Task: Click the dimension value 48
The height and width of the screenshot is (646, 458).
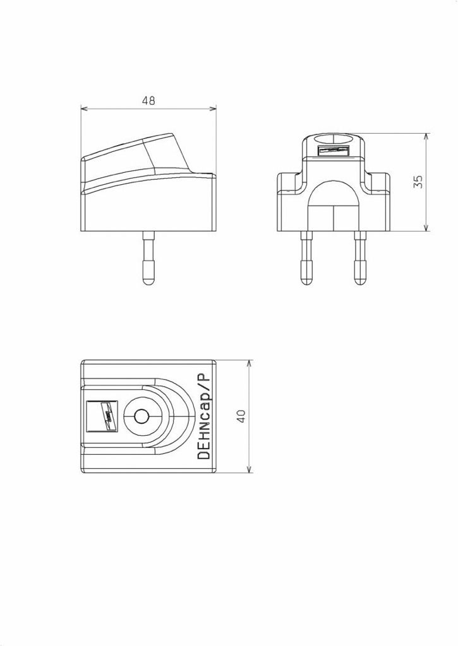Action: tap(148, 100)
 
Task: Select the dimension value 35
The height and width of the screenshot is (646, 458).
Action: tap(418, 182)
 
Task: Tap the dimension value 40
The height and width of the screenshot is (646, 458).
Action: tap(241, 416)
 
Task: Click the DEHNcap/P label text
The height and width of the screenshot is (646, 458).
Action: tap(203, 416)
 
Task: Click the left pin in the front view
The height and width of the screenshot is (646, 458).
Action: tap(306, 259)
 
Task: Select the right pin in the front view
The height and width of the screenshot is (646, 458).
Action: tap(360, 259)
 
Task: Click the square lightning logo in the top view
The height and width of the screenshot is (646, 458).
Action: tap(102, 416)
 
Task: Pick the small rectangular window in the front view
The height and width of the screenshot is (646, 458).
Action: tap(334, 151)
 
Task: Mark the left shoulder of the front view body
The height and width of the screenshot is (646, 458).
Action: tap(289, 183)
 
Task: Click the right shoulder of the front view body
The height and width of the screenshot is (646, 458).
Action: tap(378, 183)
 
